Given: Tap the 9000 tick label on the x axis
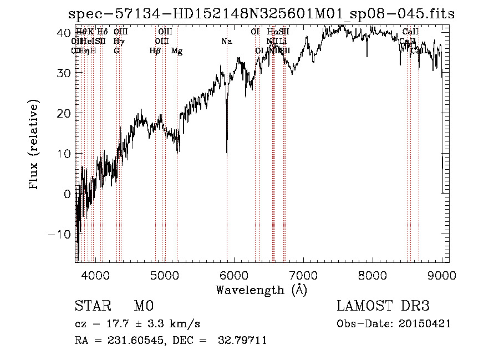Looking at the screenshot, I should [442, 275].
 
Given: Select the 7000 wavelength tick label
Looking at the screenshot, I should [303, 275].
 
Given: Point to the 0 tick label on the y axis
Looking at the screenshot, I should [68, 194].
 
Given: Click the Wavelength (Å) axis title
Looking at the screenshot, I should [261, 290].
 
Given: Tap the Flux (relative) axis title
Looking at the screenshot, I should [34, 145].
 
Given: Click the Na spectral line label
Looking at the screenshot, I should [226, 42].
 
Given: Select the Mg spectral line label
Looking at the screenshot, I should [177, 51].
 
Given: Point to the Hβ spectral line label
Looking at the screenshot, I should [155, 51].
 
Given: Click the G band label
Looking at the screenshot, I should [116, 51].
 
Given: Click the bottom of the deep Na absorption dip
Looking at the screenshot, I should [227, 154].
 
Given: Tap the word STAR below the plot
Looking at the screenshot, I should [91, 306].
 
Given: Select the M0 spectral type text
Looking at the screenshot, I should [144, 306].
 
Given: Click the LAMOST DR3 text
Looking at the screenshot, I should [383, 306].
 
